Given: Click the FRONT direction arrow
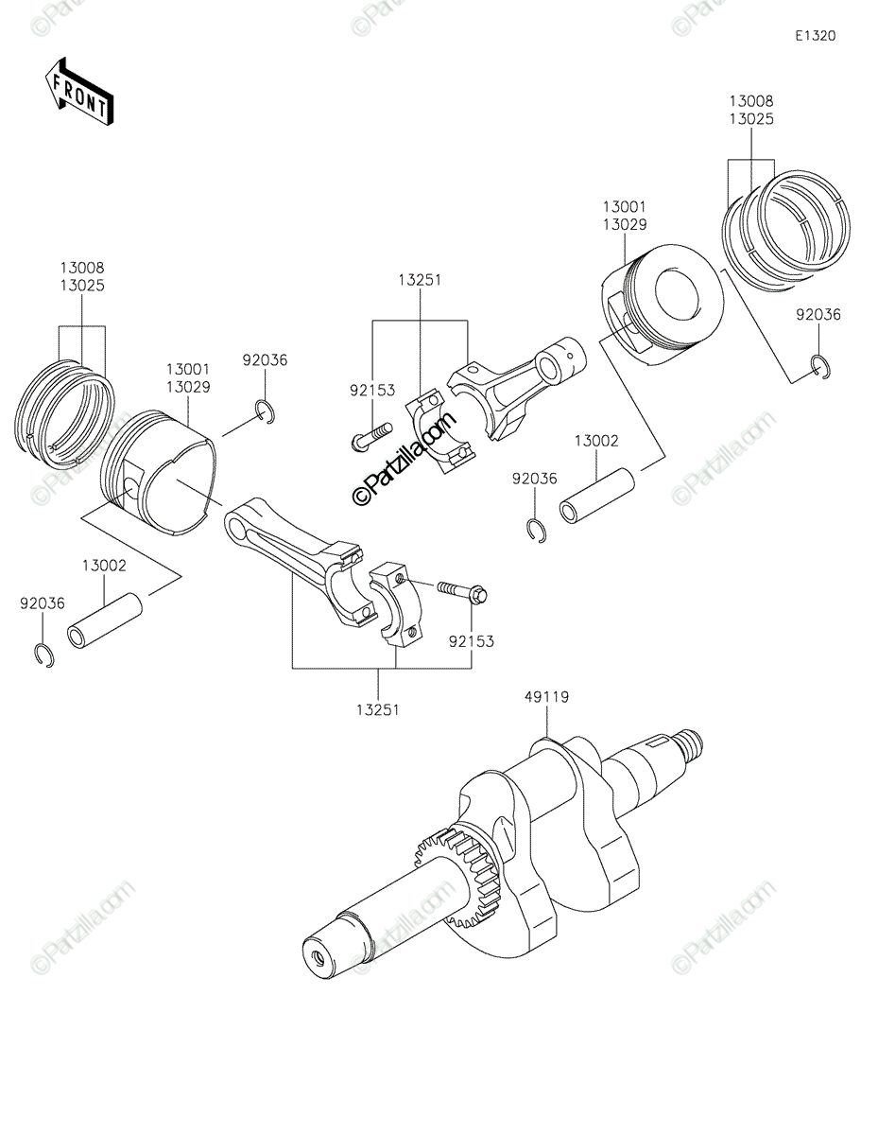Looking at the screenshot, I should click(79, 92).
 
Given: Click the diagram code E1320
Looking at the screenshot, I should click(815, 36).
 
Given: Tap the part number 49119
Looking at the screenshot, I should click(547, 698).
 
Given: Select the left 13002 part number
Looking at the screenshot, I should click(104, 566).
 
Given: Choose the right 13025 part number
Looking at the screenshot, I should click(751, 119).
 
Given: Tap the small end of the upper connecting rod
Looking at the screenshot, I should click(562, 358).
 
